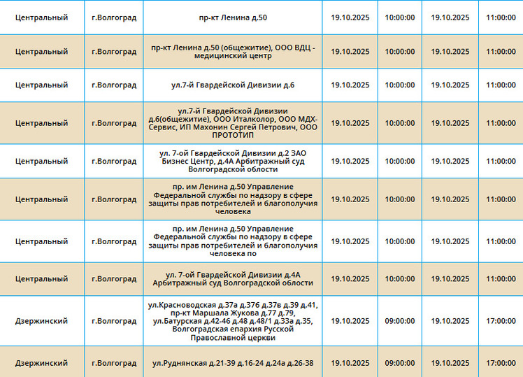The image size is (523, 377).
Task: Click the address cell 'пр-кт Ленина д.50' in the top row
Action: (x=233, y=17)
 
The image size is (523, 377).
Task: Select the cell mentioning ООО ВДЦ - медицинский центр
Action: (x=233, y=52)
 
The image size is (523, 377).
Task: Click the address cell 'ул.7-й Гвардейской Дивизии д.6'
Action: (x=233, y=85)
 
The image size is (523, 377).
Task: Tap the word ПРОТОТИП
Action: (x=233, y=135)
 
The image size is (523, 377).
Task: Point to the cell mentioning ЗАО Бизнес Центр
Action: (x=233, y=161)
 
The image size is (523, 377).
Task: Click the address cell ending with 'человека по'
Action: (x=233, y=241)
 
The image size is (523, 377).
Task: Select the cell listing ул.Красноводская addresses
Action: (x=233, y=321)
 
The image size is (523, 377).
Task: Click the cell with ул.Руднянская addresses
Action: (x=233, y=364)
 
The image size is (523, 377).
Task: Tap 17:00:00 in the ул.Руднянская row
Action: (x=501, y=364)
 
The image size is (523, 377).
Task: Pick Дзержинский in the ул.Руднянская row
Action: (x=41, y=364)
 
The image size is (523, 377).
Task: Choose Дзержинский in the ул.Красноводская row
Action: (x=41, y=321)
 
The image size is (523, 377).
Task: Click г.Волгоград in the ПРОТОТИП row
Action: (x=114, y=123)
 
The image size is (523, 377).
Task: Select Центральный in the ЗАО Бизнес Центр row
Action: (x=41, y=161)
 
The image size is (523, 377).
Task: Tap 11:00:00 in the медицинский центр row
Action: (x=501, y=52)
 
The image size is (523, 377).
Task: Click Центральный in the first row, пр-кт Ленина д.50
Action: (x=41, y=17)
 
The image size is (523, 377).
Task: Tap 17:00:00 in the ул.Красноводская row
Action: (x=501, y=321)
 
